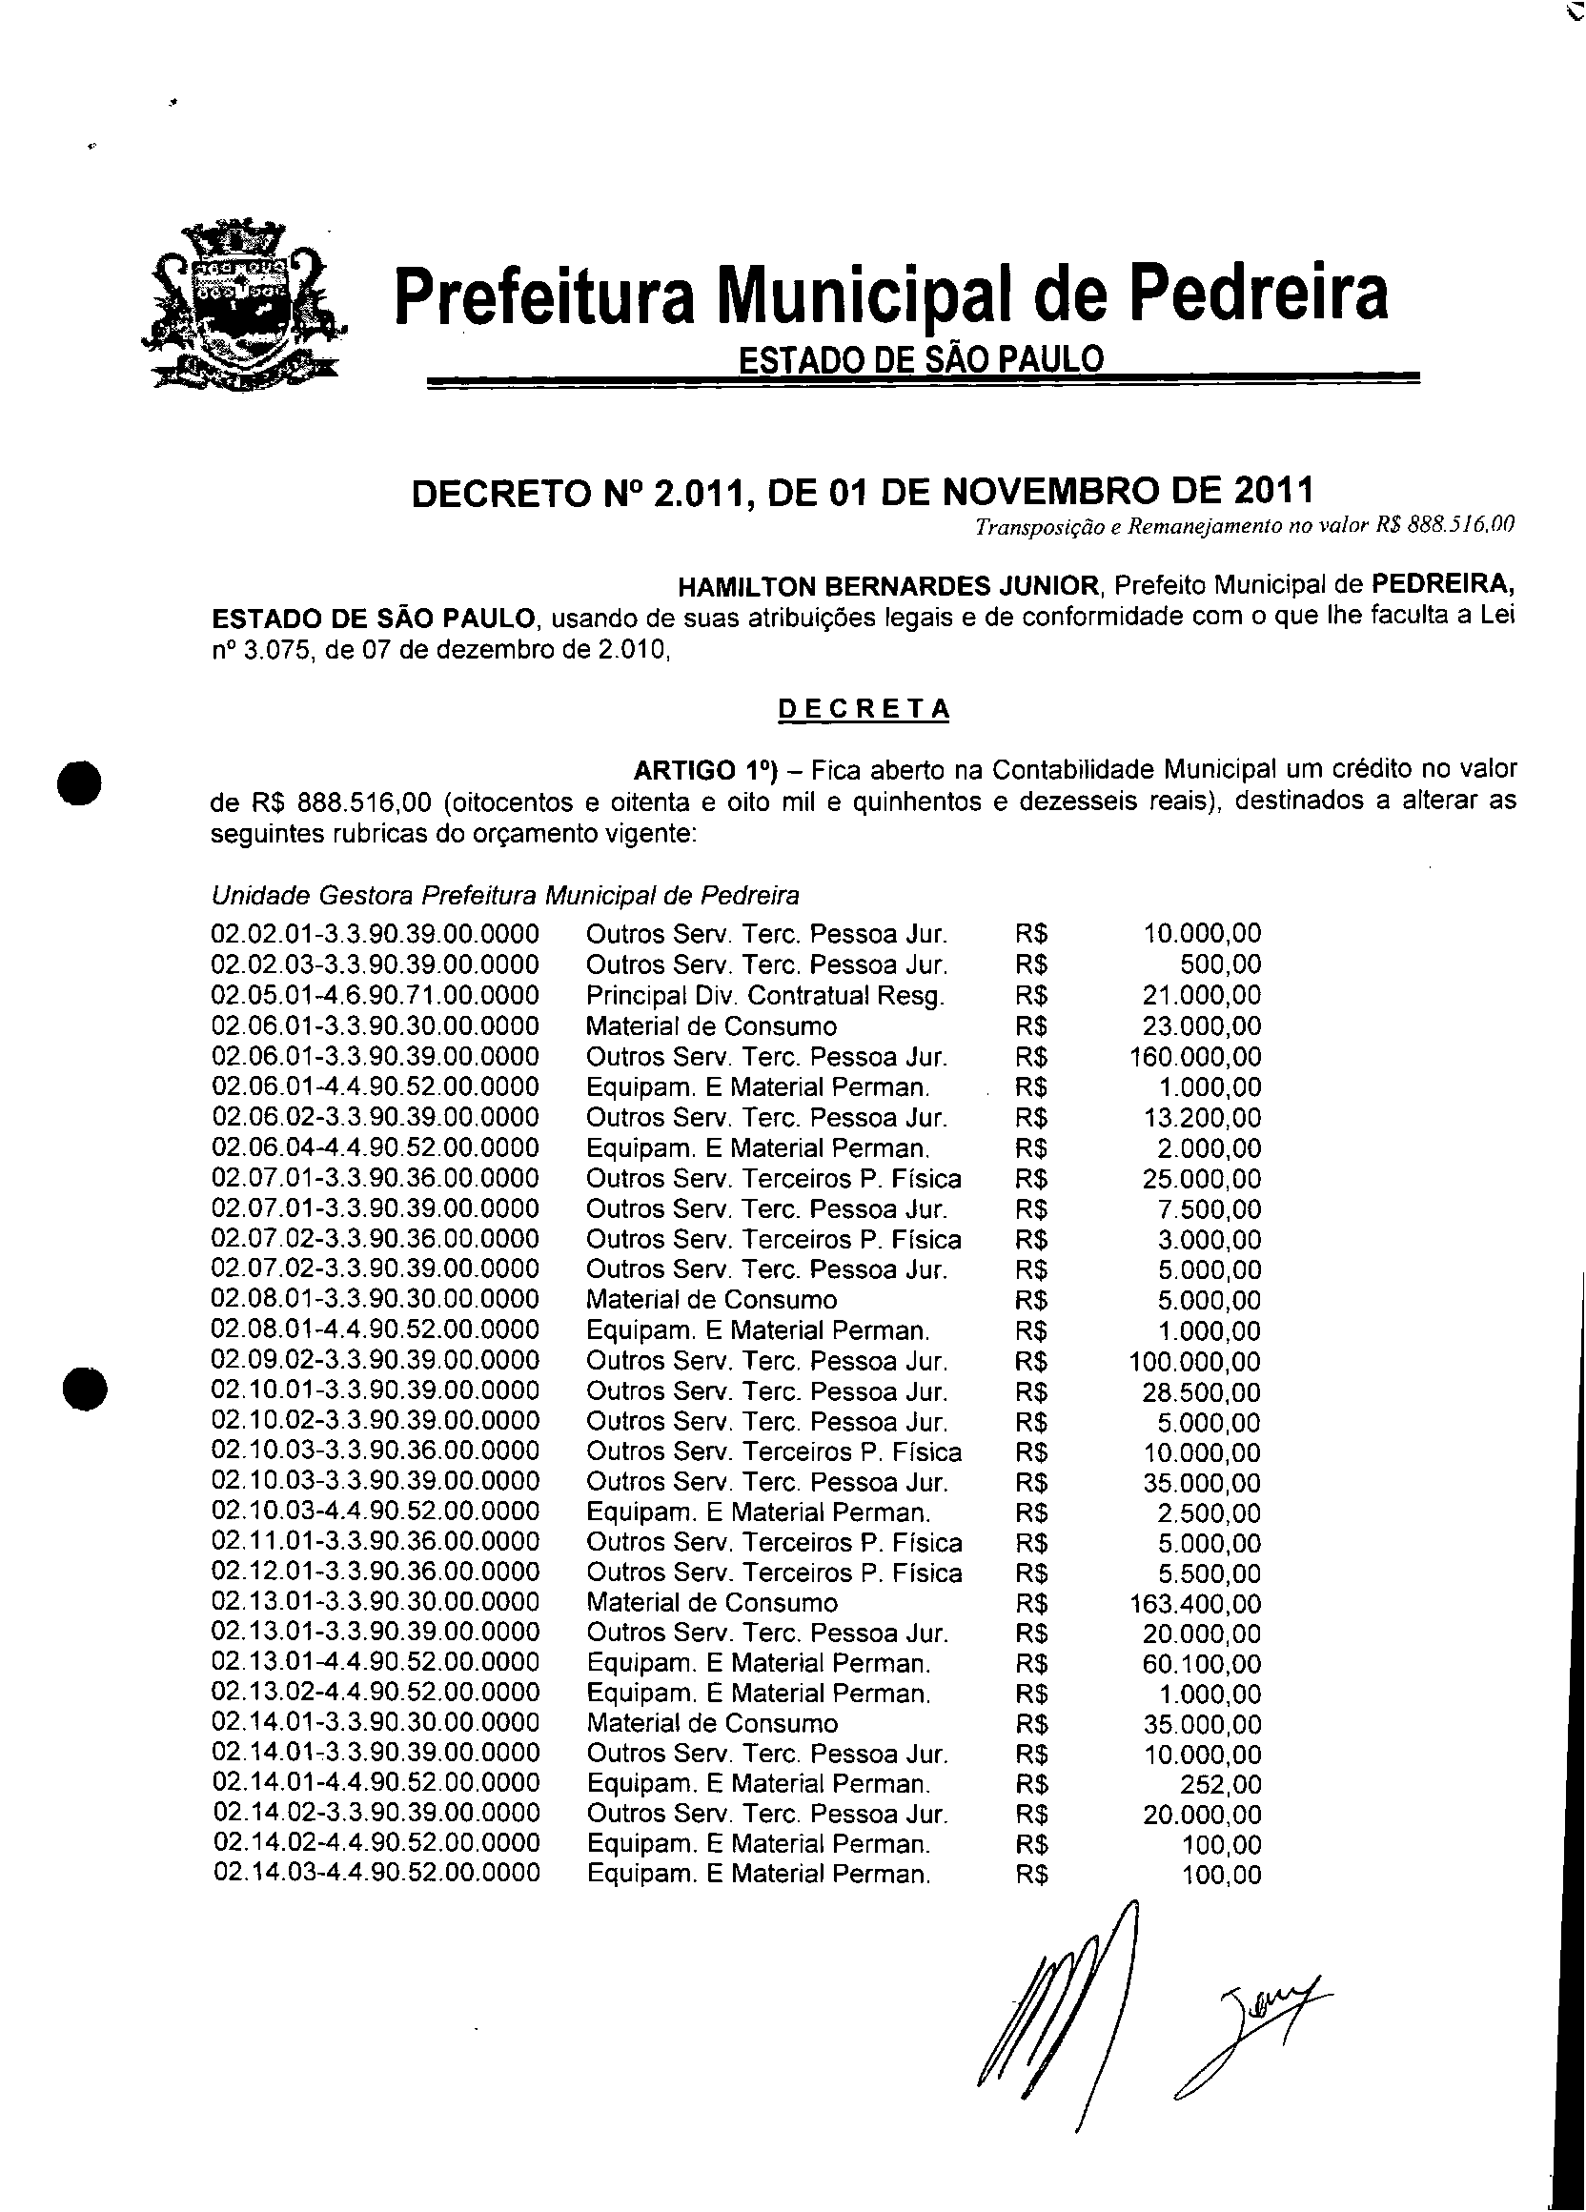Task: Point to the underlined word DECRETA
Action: (864, 709)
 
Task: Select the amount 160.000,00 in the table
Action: (1195, 1056)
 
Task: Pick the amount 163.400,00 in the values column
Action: (1195, 1603)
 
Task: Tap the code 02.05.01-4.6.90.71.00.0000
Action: (376, 995)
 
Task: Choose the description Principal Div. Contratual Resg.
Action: (765, 996)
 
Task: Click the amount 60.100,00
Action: (1202, 1664)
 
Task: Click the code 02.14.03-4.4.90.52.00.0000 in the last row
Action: (376, 1875)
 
